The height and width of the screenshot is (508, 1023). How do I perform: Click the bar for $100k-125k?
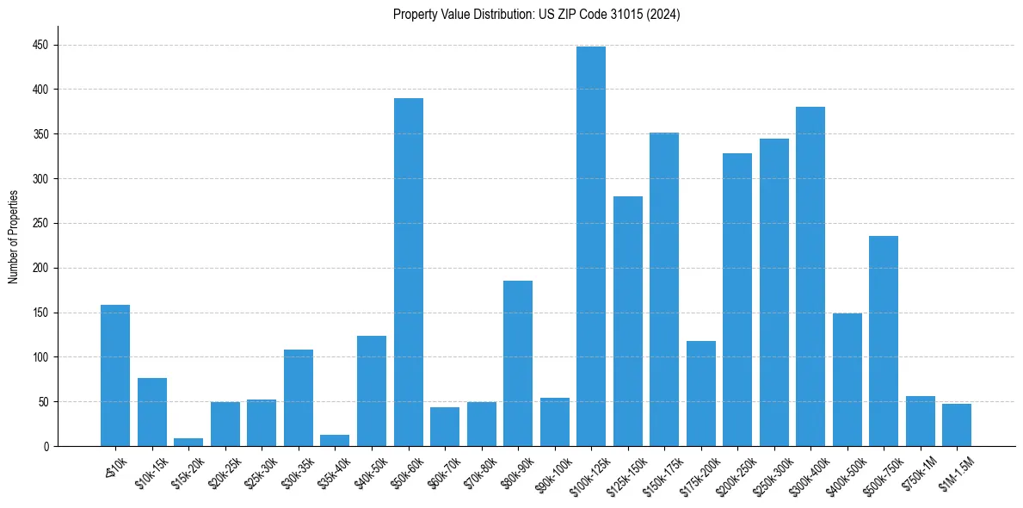coord(591,246)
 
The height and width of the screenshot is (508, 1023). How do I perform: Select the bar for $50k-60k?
coord(408,272)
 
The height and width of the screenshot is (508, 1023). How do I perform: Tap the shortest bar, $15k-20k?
coord(188,442)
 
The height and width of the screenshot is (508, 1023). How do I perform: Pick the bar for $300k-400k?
coord(810,276)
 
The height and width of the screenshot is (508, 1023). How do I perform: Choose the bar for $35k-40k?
coord(335,440)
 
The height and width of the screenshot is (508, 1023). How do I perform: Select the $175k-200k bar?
coord(700,393)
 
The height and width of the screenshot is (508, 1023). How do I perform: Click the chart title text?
coord(536,15)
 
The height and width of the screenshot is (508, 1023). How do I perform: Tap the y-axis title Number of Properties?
coord(13,237)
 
